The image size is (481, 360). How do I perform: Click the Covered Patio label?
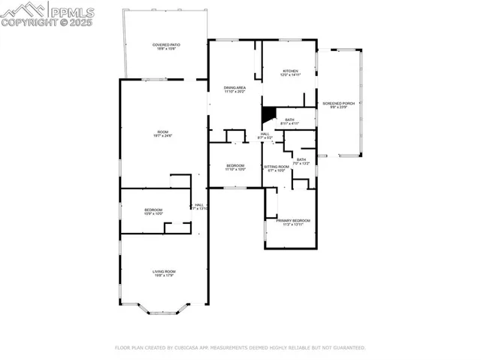pos(166,45)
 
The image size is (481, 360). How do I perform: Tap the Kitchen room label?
pos(290,71)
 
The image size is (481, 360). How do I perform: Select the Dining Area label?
pos(234,88)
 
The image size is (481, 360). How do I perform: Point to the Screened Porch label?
pos(338,104)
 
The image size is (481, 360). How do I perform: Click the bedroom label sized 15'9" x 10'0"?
pos(153,210)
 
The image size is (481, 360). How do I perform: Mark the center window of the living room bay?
pos(164,313)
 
